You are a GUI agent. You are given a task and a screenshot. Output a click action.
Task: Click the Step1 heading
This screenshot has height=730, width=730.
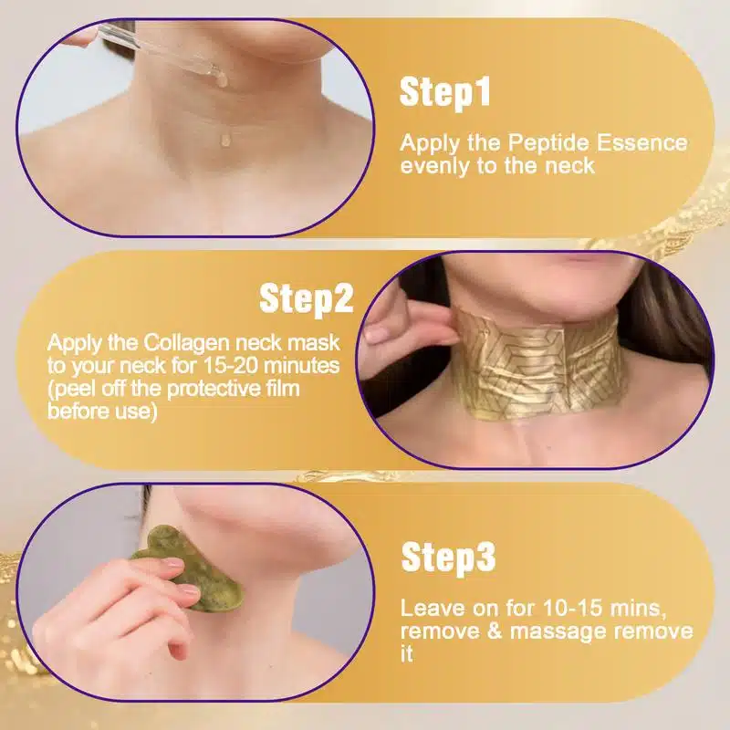pyautogui.click(x=445, y=92)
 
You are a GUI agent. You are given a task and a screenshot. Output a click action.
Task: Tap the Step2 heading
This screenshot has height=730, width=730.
pyautogui.click(x=307, y=298)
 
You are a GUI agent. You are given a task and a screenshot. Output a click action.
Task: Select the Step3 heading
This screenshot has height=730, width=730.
pyautogui.click(x=448, y=557)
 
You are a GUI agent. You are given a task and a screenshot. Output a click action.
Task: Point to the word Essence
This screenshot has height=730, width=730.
pyautogui.click(x=642, y=142)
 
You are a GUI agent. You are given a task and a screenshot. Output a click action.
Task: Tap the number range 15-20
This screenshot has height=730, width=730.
pyautogui.click(x=230, y=366)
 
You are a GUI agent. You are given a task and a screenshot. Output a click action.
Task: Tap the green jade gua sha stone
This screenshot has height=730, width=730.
pyautogui.click(x=190, y=573)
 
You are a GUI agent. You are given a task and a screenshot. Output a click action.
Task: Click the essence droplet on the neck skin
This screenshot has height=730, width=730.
pyautogui.click(x=225, y=140)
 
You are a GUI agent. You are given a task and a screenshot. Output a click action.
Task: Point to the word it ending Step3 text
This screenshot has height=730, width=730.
pyautogui.click(x=406, y=653)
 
